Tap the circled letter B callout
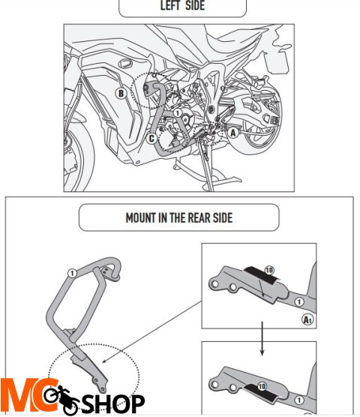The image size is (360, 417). [121, 94]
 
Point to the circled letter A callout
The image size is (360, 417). [232, 133]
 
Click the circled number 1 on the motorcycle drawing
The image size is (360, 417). [178, 112]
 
